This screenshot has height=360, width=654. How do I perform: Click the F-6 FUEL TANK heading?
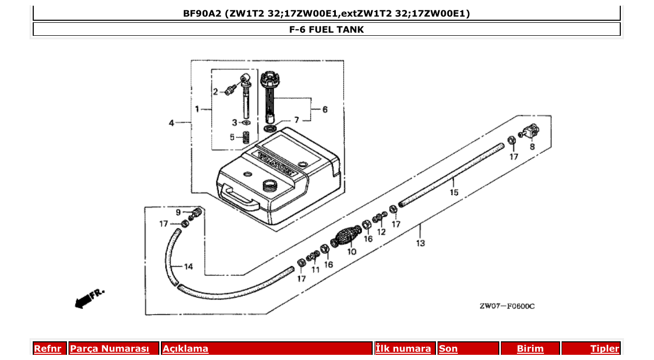click(326, 30)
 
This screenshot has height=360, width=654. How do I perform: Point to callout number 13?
click(420, 243)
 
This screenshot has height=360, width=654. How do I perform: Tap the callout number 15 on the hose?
click(454, 192)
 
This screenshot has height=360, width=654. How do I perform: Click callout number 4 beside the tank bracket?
click(171, 123)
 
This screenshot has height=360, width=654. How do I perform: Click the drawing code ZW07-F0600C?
click(507, 306)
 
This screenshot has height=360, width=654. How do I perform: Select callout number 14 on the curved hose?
click(188, 267)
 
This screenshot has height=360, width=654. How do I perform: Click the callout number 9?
click(178, 212)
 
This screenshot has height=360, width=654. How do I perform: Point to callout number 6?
click(325, 109)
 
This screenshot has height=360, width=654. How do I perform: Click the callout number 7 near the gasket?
click(296, 120)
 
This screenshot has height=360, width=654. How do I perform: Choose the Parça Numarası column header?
click(110, 349)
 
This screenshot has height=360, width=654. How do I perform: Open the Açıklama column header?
click(186, 349)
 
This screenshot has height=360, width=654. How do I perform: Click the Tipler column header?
click(605, 349)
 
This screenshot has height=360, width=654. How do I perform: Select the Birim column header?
click(530, 349)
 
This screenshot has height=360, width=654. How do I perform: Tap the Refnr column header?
click(47, 349)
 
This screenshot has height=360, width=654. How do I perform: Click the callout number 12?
click(382, 232)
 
